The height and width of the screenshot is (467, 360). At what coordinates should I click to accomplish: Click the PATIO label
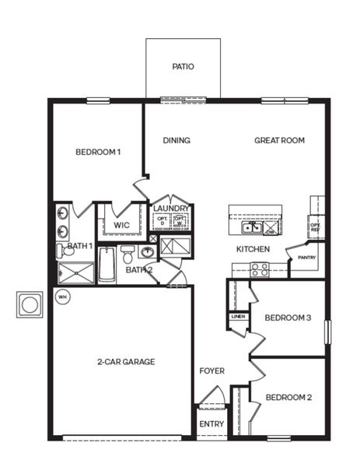click(183, 67)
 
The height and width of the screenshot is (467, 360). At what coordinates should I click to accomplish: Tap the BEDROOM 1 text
click(98, 152)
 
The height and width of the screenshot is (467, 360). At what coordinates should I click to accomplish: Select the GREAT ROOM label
click(279, 141)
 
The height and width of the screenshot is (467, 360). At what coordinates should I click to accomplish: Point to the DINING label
click(177, 141)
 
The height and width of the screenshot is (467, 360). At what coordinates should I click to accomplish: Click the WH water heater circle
click(61, 296)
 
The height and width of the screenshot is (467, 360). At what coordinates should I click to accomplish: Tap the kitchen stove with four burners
click(260, 269)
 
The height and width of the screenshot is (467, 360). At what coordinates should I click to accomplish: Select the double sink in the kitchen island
click(251, 228)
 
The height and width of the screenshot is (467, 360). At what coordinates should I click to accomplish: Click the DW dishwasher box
click(271, 231)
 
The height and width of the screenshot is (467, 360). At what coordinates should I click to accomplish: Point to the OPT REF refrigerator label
click(315, 227)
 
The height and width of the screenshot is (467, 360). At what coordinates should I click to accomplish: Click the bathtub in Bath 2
click(107, 265)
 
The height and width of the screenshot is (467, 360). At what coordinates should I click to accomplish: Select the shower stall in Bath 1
click(75, 273)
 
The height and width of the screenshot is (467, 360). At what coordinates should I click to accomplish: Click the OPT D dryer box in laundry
click(162, 221)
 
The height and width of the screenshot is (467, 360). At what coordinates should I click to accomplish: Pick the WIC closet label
click(121, 225)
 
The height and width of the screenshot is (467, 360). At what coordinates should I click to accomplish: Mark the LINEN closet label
click(238, 316)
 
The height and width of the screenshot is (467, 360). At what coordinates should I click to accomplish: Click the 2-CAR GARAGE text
click(126, 362)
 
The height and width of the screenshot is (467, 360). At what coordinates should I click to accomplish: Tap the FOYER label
click(211, 371)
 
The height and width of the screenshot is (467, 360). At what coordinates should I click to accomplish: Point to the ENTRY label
click(211, 424)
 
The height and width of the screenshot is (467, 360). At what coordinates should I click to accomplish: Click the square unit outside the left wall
click(30, 304)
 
